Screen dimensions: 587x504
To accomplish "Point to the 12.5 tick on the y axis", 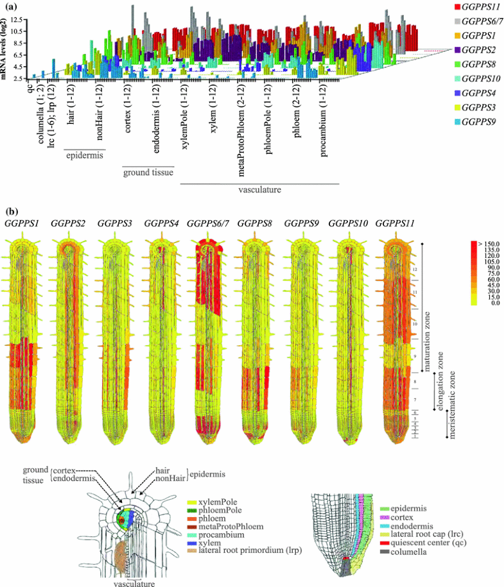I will click(16, 21).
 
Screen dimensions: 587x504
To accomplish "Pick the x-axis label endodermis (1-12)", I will click(156, 113).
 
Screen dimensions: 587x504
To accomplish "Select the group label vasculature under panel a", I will click(260, 190).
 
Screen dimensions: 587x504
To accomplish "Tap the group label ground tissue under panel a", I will click(148, 171).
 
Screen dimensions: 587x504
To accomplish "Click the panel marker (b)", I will click(11, 210).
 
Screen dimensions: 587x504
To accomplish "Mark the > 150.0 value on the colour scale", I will click(489, 244).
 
